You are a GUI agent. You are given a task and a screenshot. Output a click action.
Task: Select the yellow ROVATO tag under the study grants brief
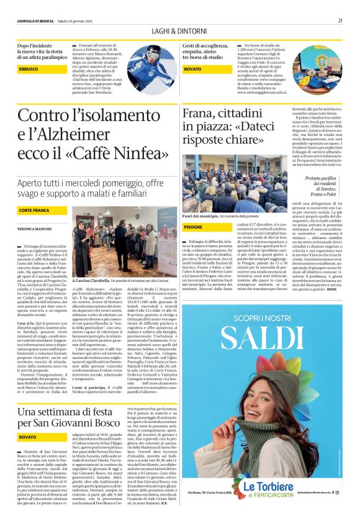coord(192,69)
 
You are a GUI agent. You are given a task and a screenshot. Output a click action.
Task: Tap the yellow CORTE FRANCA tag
coord(35,211)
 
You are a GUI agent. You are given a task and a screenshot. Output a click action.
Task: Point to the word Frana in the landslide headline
coord(198,116)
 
